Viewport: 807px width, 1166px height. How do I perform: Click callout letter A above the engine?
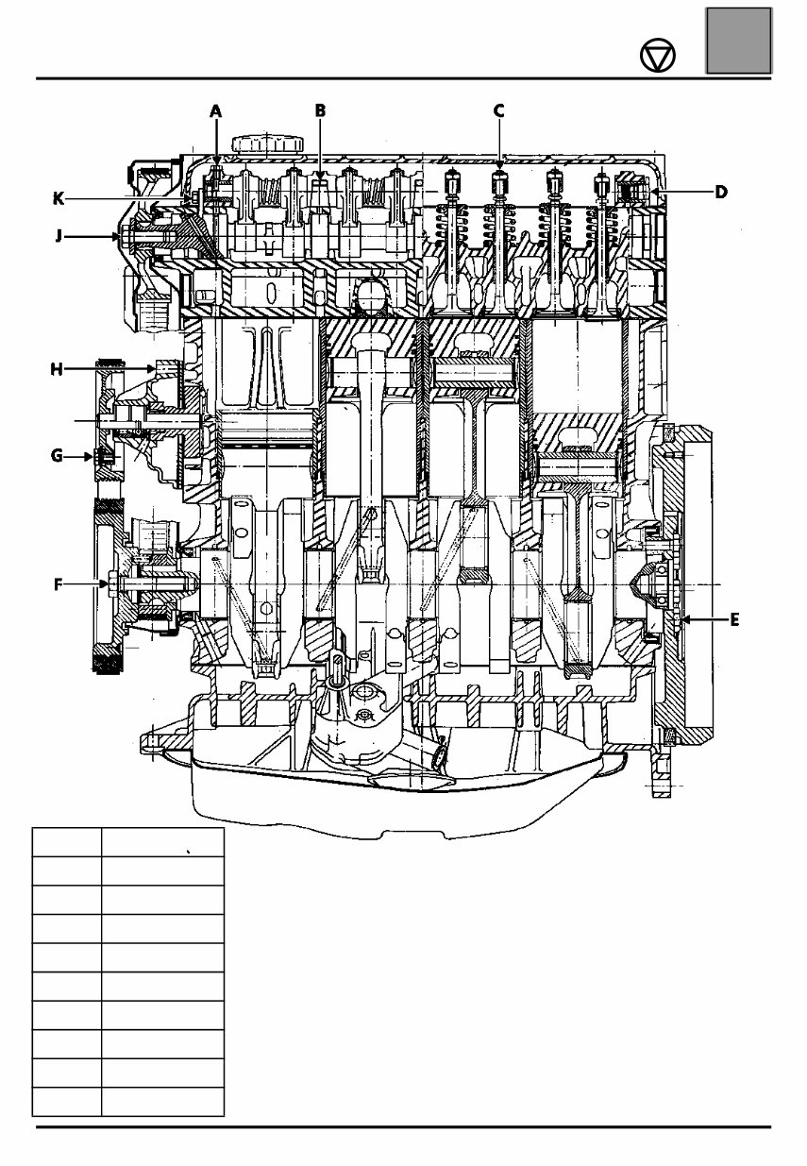click(x=215, y=110)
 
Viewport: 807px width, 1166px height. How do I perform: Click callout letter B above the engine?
click(x=320, y=110)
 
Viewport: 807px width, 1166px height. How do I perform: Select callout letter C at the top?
click(x=498, y=110)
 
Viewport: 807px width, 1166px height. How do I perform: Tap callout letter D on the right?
click(x=720, y=192)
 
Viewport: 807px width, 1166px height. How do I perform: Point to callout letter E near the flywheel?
click(x=734, y=620)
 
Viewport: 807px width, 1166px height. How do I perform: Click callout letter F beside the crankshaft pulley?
click(x=58, y=584)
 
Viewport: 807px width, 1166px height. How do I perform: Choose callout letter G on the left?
click(x=58, y=455)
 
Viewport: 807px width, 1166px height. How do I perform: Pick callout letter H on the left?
click(x=58, y=369)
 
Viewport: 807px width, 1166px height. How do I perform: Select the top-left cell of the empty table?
click(x=66, y=842)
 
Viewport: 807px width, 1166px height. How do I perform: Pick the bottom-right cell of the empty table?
click(x=162, y=1101)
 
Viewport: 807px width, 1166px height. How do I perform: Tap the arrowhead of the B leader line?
click(x=320, y=176)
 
